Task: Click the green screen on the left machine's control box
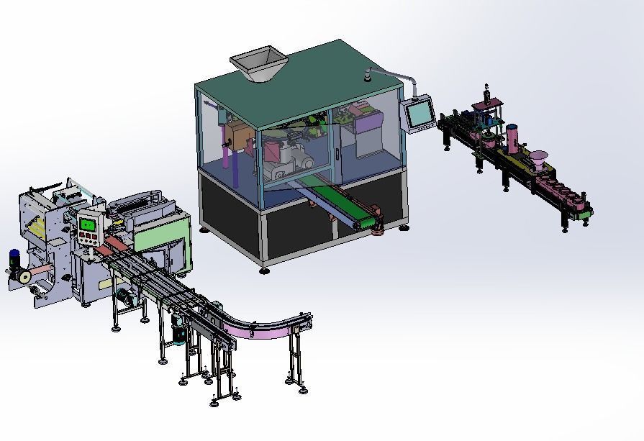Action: [x=89, y=224]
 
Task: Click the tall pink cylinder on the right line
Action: [x=512, y=139]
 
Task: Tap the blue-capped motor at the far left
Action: [x=14, y=258]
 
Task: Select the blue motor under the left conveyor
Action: [x=178, y=334]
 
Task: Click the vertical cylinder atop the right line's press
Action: [x=488, y=92]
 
